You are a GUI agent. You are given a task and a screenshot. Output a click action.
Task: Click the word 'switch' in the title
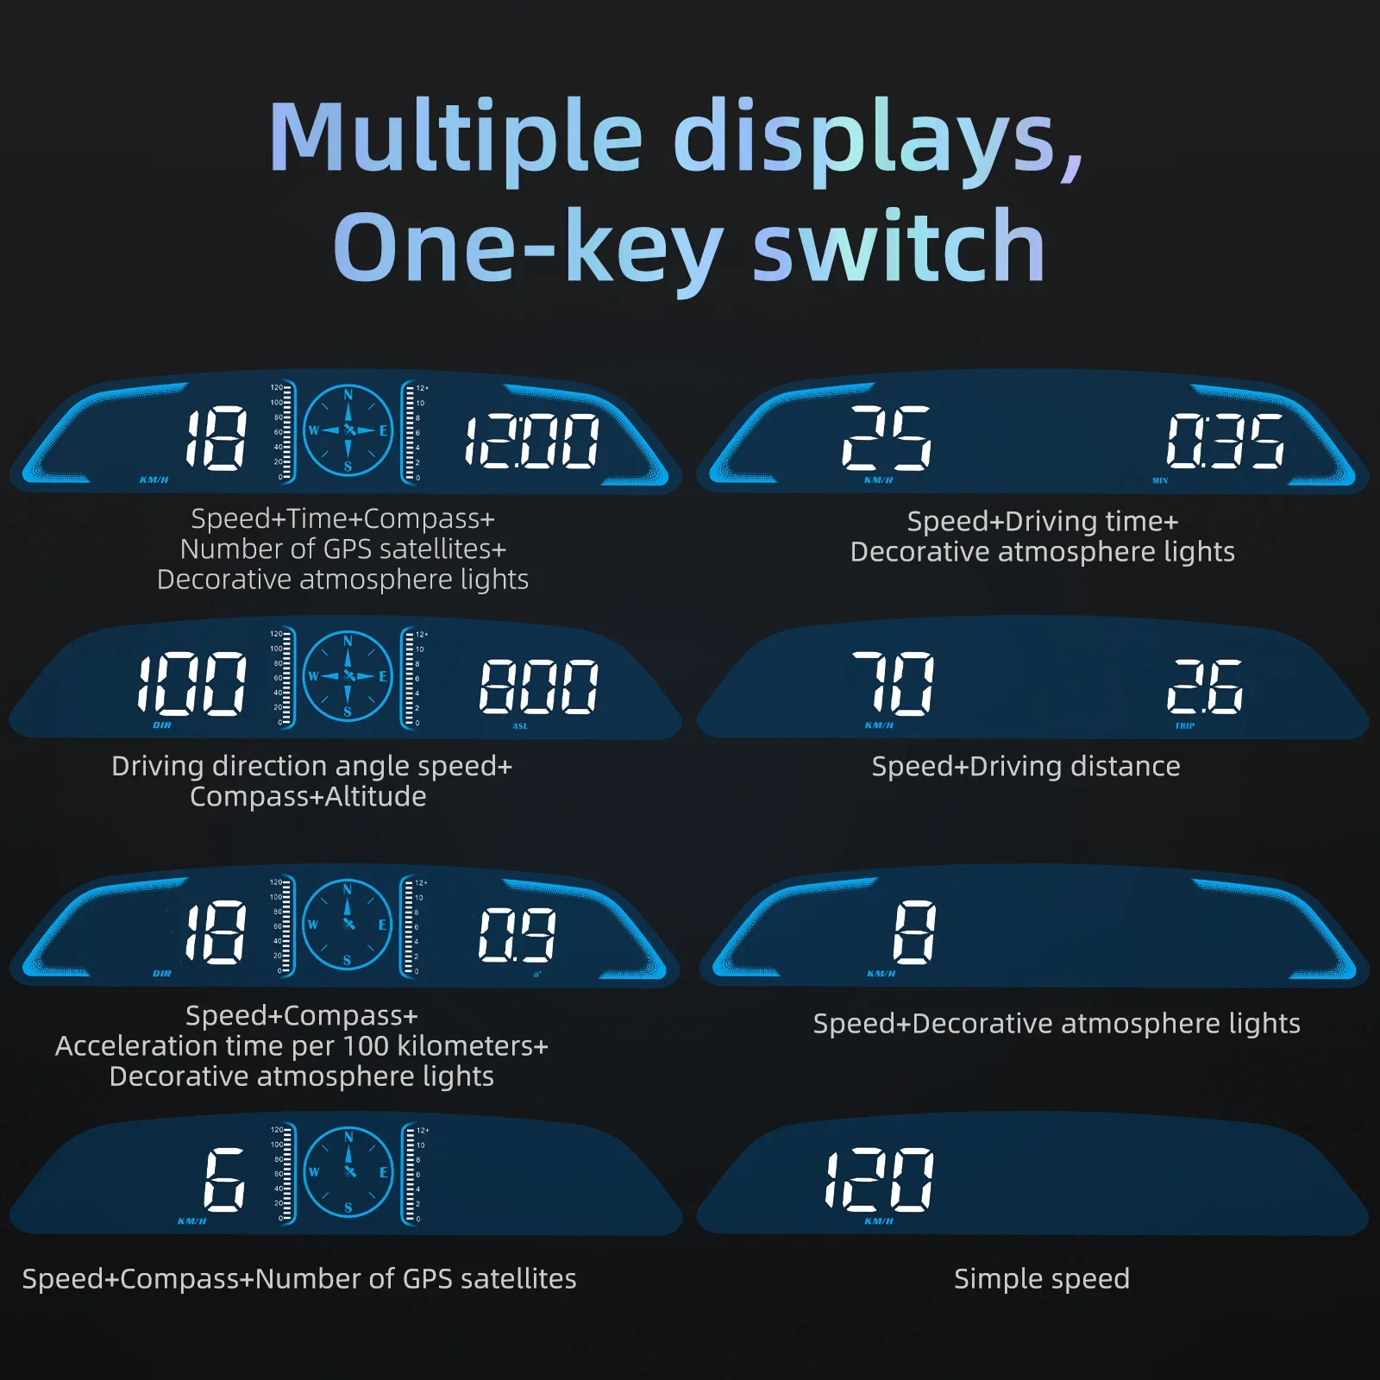(x=899, y=248)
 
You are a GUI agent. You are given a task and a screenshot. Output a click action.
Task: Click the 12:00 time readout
(x=532, y=441)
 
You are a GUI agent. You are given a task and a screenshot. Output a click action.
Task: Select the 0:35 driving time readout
(x=1226, y=440)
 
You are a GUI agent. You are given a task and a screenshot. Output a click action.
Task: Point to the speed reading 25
(x=887, y=438)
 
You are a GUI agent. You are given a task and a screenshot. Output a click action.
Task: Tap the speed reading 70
(x=894, y=684)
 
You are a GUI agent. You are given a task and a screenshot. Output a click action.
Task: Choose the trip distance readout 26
(x=1205, y=687)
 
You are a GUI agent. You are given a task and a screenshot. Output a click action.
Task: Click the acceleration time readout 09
(x=517, y=935)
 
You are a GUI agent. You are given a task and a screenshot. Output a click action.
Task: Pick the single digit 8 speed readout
(x=914, y=932)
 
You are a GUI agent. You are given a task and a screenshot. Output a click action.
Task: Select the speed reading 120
(x=879, y=1179)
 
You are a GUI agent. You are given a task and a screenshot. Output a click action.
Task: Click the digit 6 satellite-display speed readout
(x=224, y=1180)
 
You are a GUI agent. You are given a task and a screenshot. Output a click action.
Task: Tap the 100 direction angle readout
(x=192, y=684)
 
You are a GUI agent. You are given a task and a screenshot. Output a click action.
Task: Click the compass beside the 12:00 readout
(x=348, y=430)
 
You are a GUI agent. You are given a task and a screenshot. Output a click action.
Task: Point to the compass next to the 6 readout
(x=348, y=1171)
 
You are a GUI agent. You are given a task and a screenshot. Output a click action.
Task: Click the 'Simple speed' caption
(x=1041, y=1278)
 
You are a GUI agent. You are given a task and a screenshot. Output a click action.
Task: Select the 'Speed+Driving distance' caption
(x=1026, y=766)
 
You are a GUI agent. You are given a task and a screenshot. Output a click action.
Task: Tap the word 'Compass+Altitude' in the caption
(x=308, y=796)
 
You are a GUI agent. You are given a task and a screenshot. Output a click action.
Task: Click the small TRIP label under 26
(x=1185, y=726)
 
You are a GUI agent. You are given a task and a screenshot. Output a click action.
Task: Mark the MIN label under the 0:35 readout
(x=1160, y=480)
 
